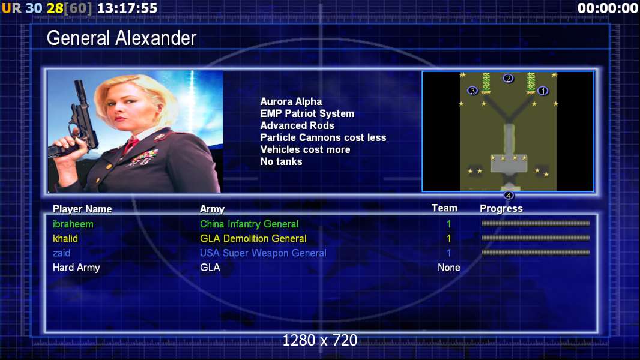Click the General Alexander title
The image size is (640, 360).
(x=121, y=38)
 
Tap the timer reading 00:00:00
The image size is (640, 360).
(x=608, y=8)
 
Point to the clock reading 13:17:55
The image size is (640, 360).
(x=127, y=8)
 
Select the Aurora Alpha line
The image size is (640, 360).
(x=291, y=101)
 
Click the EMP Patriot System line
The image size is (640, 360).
(x=307, y=114)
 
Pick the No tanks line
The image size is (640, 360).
(x=281, y=161)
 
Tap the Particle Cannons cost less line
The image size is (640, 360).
(x=323, y=137)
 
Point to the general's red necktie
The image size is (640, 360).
(x=131, y=145)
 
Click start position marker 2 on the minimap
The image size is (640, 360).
(x=508, y=78)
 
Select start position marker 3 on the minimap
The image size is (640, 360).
(x=472, y=91)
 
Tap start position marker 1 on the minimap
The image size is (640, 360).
(x=543, y=91)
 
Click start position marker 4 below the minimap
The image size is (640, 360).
(x=508, y=195)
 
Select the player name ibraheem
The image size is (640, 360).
(x=73, y=224)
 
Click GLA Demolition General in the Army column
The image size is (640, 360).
(x=253, y=239)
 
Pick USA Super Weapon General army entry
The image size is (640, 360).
(x=263, y=253)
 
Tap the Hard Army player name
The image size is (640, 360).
(x=76, y=268)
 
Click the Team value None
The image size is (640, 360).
(x=449, y=268)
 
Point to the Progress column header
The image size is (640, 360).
(x=501, y=209)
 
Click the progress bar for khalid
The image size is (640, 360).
(x=536, y=238)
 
